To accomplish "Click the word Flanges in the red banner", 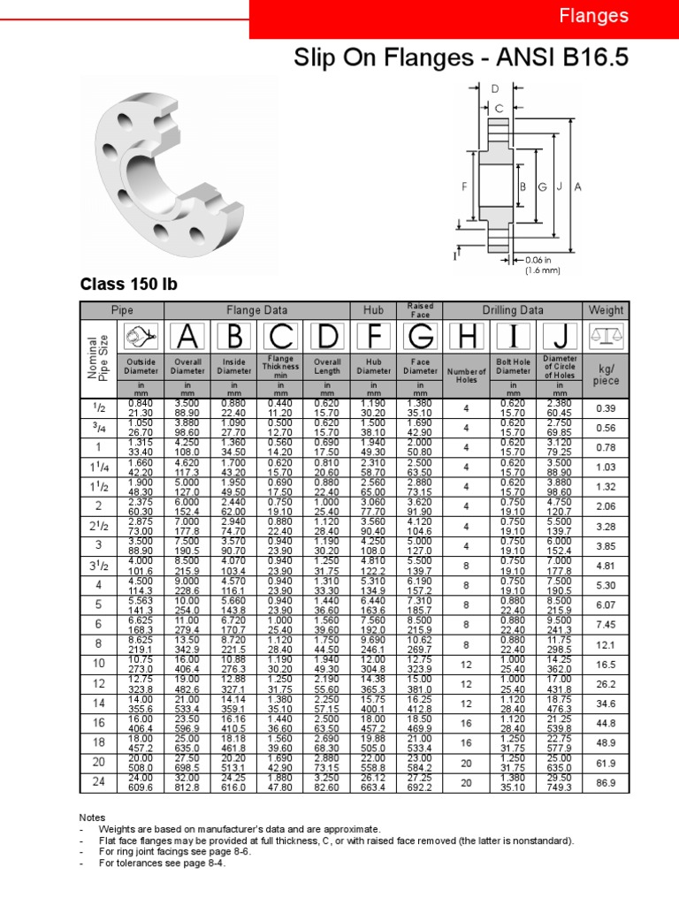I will pyautogui.click(x=594, y=16).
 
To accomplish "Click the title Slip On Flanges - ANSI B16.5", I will pyautogui.click(x=461, y=58).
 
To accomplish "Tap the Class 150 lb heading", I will pyautogui.click(x=128, y=285).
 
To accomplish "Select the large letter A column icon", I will pyautogui.click(x=187, y=336).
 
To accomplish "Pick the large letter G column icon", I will pyautogui.click(x=420, y=336).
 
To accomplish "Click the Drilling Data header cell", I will pyautogui.click(x=513, y=310).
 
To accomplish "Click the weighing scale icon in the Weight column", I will pyautogui.click(x=606, y=336).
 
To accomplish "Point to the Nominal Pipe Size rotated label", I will pyautogui.click(x=98, y=356).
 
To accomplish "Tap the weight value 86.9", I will pyautogui.click(x=606, y=783).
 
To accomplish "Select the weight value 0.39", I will pyautogui.click(x=606, y=408).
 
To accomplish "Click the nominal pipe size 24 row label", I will pyautogui.click(x=98, y=783).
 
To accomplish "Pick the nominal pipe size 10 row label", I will pyautogui.click(x=98, y=663).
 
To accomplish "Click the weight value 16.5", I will pyautogui.click(x=606, y=663).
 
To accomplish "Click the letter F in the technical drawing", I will pyautogui.click(x=463, y=186).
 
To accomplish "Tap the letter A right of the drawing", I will pyautogui.click(x=577, y=186).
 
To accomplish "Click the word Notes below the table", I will pyautogui.click(x=92, y=818).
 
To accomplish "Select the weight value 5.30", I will pyautogui.click(x=606, y=585).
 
